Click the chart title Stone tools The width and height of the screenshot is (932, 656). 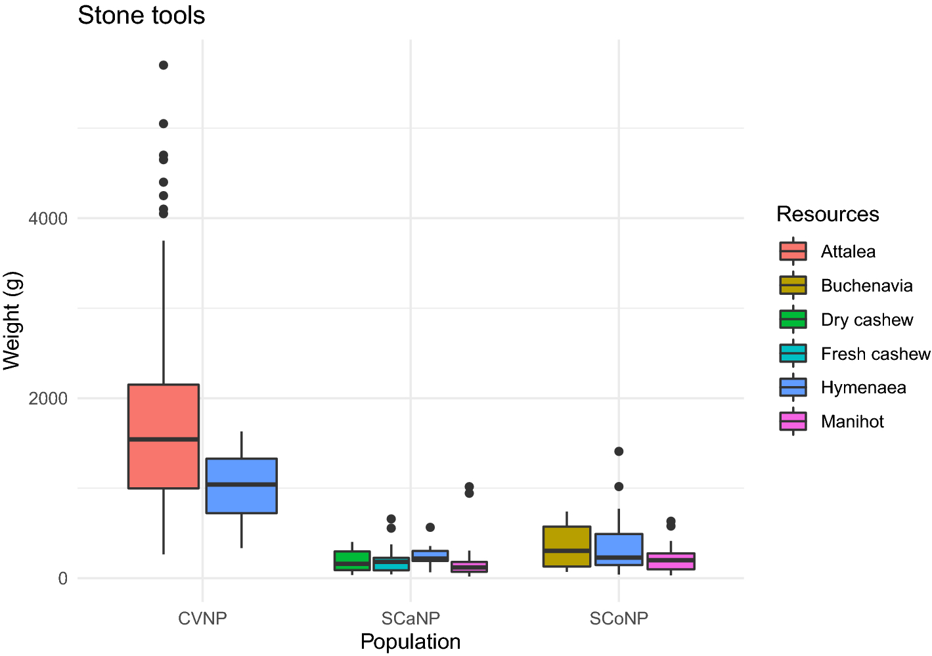click(x=141, y=16)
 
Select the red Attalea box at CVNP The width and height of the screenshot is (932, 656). click(x=164, y=436)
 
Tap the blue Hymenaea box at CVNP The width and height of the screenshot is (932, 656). click(x=242, y=485)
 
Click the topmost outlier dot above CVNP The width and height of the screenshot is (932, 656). click(x=164, y=65)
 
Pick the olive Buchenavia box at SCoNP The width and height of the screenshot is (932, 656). click(x=567, y=546)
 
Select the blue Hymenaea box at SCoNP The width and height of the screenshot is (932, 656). click(x=619, y=549)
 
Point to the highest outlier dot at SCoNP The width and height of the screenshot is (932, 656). click(x=619, y=451)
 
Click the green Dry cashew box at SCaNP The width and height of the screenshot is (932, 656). click(x=352, y=560)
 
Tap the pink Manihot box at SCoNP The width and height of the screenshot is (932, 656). click(x=671, y=561)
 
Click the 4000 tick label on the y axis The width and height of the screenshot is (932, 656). click(x=49, y=219)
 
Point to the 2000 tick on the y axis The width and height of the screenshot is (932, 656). click(x=49, y=399)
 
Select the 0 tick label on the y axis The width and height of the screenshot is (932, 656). click(x=63, y=579)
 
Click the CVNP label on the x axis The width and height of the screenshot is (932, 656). click(x=202, y=619)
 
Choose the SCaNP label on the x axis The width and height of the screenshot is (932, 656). click(x=411, y=619)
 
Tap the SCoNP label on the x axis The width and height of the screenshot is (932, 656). click(x=619, y=619)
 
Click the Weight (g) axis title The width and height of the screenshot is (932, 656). click(x=13, y=320)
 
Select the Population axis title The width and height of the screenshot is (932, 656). click(x=411, y=642)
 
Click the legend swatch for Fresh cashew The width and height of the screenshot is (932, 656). click(x=793, y=353)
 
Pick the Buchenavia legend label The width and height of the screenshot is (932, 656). click(x=866, y=286)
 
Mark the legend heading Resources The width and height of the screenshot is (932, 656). click(x=828, y=214)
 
